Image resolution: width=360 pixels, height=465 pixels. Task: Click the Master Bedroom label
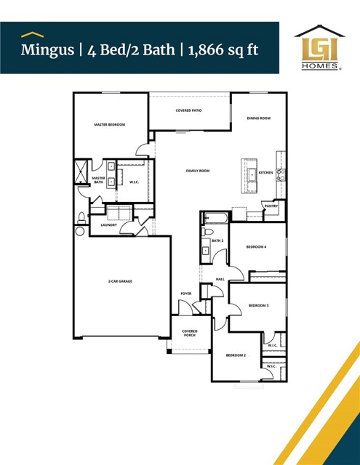tap(110, 125)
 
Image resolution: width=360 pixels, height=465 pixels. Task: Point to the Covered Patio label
tap(188, 110)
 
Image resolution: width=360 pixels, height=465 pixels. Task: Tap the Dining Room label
tap(258, 118)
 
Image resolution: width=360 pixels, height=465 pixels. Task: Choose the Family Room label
tap(197, 171)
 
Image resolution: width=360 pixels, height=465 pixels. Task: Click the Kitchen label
tap(265, 173)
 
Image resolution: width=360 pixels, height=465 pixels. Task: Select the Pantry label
tap(271, 206)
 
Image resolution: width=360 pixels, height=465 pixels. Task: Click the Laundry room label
tap(108, 225)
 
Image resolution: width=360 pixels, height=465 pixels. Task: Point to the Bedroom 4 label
tap(256, 247)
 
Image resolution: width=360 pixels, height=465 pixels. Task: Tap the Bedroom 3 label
tap(258, 306)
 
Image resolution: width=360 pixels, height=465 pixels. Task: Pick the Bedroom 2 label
tap(235, 355)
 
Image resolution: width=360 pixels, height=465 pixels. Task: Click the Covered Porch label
tap(189, 333)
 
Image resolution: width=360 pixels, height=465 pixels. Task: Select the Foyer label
tap(185, 294)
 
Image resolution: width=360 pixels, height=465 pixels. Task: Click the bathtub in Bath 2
tap(216, 217)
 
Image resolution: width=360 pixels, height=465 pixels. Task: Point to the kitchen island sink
tap(251, 174)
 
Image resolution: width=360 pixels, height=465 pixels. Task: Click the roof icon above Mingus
tap(29, 33)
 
